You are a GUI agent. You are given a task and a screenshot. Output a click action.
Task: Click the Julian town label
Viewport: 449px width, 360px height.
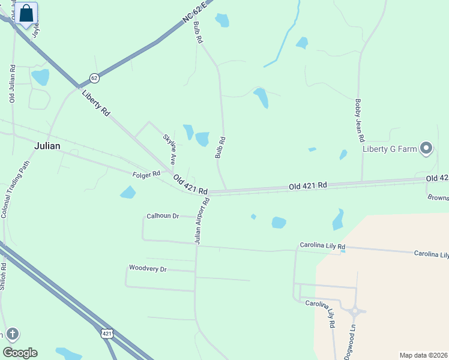47,145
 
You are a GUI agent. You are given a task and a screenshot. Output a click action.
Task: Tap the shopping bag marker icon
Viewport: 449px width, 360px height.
26,13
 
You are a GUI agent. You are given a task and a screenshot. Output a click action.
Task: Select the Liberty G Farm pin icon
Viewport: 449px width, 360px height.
426,148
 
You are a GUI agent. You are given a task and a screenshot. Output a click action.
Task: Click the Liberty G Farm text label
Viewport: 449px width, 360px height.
389,149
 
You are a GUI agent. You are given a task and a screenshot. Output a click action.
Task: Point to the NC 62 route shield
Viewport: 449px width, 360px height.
94,78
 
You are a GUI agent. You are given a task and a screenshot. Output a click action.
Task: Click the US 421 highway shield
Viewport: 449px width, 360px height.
107,333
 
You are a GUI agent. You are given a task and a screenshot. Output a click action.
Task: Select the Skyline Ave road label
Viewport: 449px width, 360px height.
169,149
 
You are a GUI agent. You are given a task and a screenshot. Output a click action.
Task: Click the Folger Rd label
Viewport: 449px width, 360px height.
146,174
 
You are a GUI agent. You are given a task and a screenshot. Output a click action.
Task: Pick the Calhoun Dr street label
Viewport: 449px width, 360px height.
163,216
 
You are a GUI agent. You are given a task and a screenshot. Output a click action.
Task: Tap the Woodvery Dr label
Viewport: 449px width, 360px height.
147,269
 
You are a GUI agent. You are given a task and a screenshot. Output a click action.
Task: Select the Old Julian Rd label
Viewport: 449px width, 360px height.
12,83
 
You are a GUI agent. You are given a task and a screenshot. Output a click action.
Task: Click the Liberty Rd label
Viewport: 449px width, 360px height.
97,103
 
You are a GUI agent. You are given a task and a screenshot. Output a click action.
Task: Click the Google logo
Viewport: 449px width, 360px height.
20,353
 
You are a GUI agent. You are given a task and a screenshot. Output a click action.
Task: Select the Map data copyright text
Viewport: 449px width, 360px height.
424,355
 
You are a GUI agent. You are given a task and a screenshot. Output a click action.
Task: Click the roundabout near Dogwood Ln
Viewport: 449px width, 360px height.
355,311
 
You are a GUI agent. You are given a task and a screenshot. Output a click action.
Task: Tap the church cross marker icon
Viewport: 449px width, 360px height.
12,334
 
